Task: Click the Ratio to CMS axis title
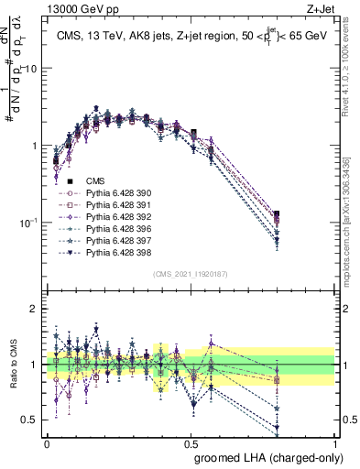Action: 12,364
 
